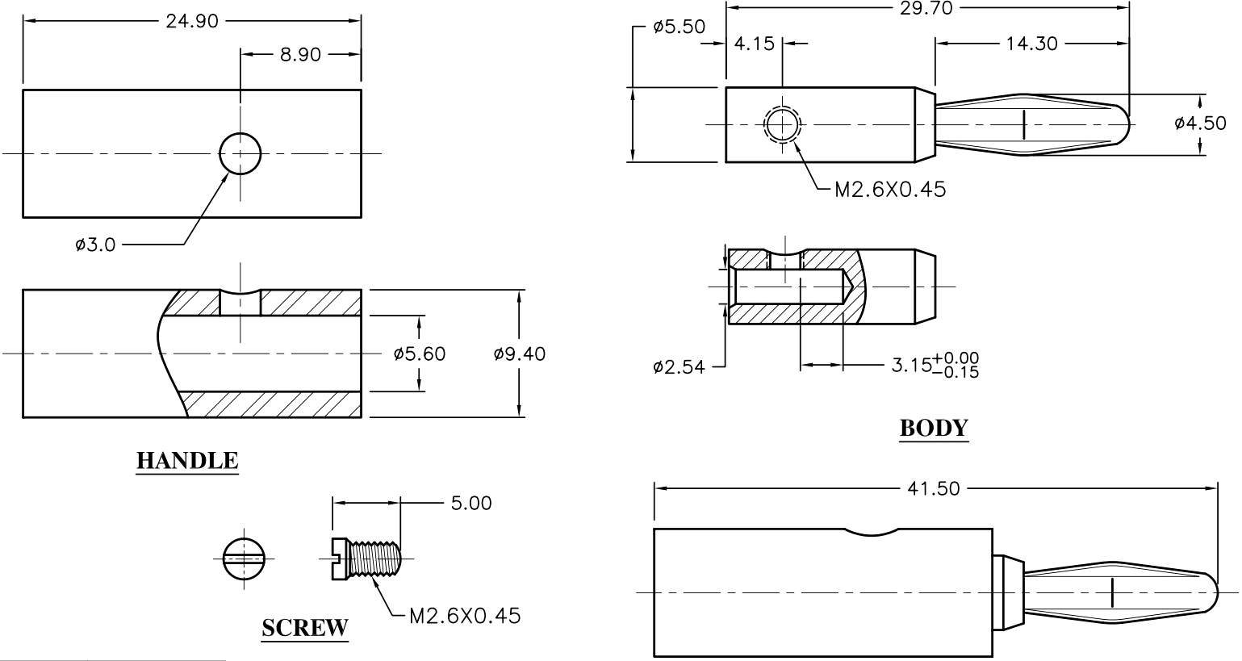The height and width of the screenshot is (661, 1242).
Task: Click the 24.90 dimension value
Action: click(192, 21)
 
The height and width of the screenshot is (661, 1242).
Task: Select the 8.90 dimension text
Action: click(300, 54)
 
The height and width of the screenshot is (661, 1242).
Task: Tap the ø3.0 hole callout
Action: click(95, 244)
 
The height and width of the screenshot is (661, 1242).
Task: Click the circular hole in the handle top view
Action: click(240, 153)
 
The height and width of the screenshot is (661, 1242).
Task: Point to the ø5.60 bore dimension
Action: click(419, 354)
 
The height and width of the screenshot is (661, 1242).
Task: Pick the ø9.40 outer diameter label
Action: click(520, 354)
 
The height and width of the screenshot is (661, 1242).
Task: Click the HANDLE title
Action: click(187, 461)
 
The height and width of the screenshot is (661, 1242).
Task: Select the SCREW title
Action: click(305, 628)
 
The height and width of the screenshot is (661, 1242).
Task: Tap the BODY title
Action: click(934, 428)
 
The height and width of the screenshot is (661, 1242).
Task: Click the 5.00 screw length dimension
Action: click(471, 503)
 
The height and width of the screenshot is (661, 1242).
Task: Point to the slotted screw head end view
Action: click(244, 559)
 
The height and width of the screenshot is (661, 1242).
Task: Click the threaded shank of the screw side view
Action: click(374, 559)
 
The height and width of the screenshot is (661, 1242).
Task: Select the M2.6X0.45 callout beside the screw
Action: click(465, 616)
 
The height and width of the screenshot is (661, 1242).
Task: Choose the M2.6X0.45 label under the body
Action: click(890, 190)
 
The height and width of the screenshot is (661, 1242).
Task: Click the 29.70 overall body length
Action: click(926, 8)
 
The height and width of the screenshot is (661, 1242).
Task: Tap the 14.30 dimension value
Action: click(1032, 44)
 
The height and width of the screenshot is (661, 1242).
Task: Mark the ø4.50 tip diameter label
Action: click(1200, 123)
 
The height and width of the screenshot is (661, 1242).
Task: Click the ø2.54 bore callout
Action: click(679, 367)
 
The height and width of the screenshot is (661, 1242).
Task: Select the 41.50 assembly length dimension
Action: click(933, 488)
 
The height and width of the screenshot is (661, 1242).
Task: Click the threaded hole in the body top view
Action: click(782, 125)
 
